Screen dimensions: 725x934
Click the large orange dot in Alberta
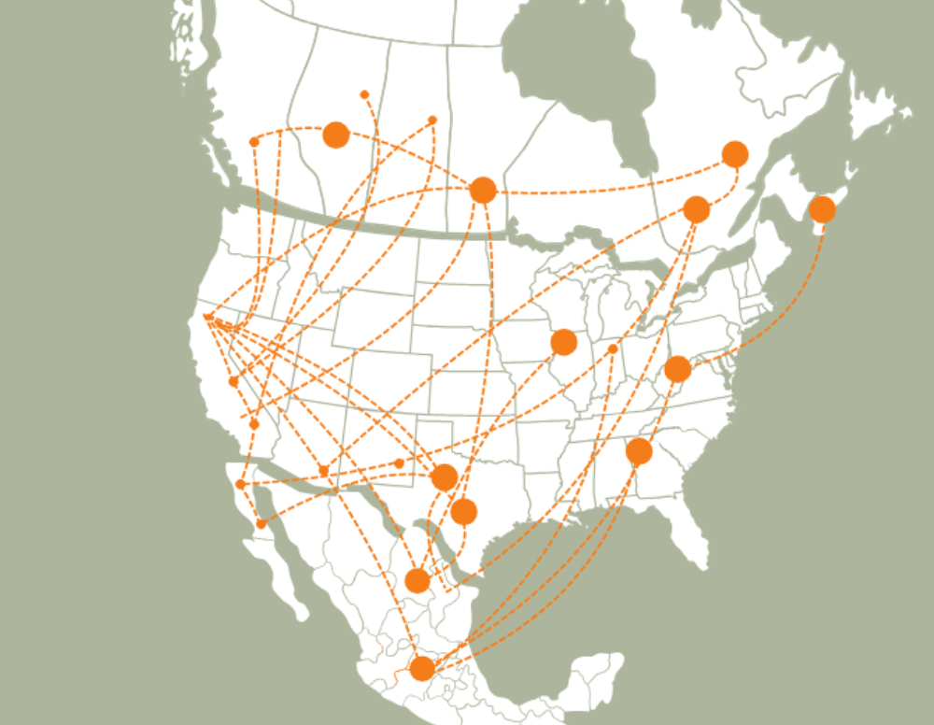coord(336,135)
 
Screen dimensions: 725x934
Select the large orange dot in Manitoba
coord(482,190)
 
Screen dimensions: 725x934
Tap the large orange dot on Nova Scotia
coord(822,209)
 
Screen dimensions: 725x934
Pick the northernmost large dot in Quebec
coord(735,154)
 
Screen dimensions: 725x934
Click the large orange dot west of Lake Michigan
coord(563,342)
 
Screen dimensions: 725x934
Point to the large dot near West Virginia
coord(677,369)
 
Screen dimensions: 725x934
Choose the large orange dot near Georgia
coord(639,451)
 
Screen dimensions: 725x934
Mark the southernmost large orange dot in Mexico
coord(422,668)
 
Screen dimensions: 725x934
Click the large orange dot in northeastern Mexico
coord(417,580)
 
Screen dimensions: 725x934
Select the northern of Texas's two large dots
coord(445,477)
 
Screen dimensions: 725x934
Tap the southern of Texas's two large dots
coord(463,511)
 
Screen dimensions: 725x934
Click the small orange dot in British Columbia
coord(254,142)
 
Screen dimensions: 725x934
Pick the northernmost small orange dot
coord(364,94)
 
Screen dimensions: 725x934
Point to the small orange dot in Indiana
coord(613,348)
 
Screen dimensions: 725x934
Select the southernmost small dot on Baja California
coord(261,524)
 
